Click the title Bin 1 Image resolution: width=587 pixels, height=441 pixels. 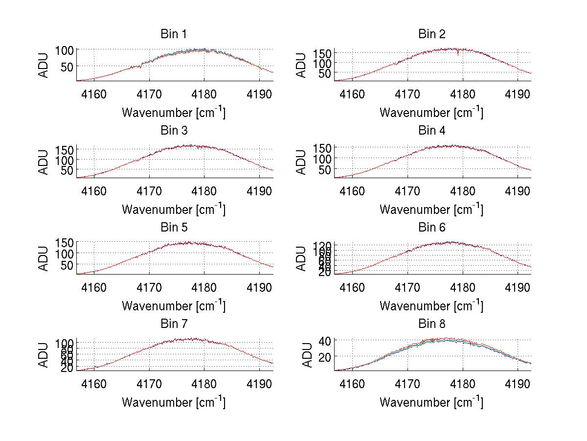[173, 34]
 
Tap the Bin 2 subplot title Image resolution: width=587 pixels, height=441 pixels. [431, 34]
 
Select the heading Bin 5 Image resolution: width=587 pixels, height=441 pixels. [173, 228]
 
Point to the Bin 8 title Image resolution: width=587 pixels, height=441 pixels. [431, 324]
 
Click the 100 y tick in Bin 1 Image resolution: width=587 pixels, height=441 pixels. [64, 50]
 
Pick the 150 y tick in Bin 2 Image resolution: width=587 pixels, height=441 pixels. [322, 53]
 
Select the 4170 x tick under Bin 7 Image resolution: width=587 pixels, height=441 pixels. [149, 383]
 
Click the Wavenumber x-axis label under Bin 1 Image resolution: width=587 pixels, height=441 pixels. [173, 113]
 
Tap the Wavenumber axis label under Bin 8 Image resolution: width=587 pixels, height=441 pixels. [431, 402]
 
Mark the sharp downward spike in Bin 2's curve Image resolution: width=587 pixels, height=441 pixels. [458, 55]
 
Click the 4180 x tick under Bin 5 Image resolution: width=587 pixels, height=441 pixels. [204, 287]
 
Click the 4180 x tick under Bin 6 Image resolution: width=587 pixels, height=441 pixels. [462, 287]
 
